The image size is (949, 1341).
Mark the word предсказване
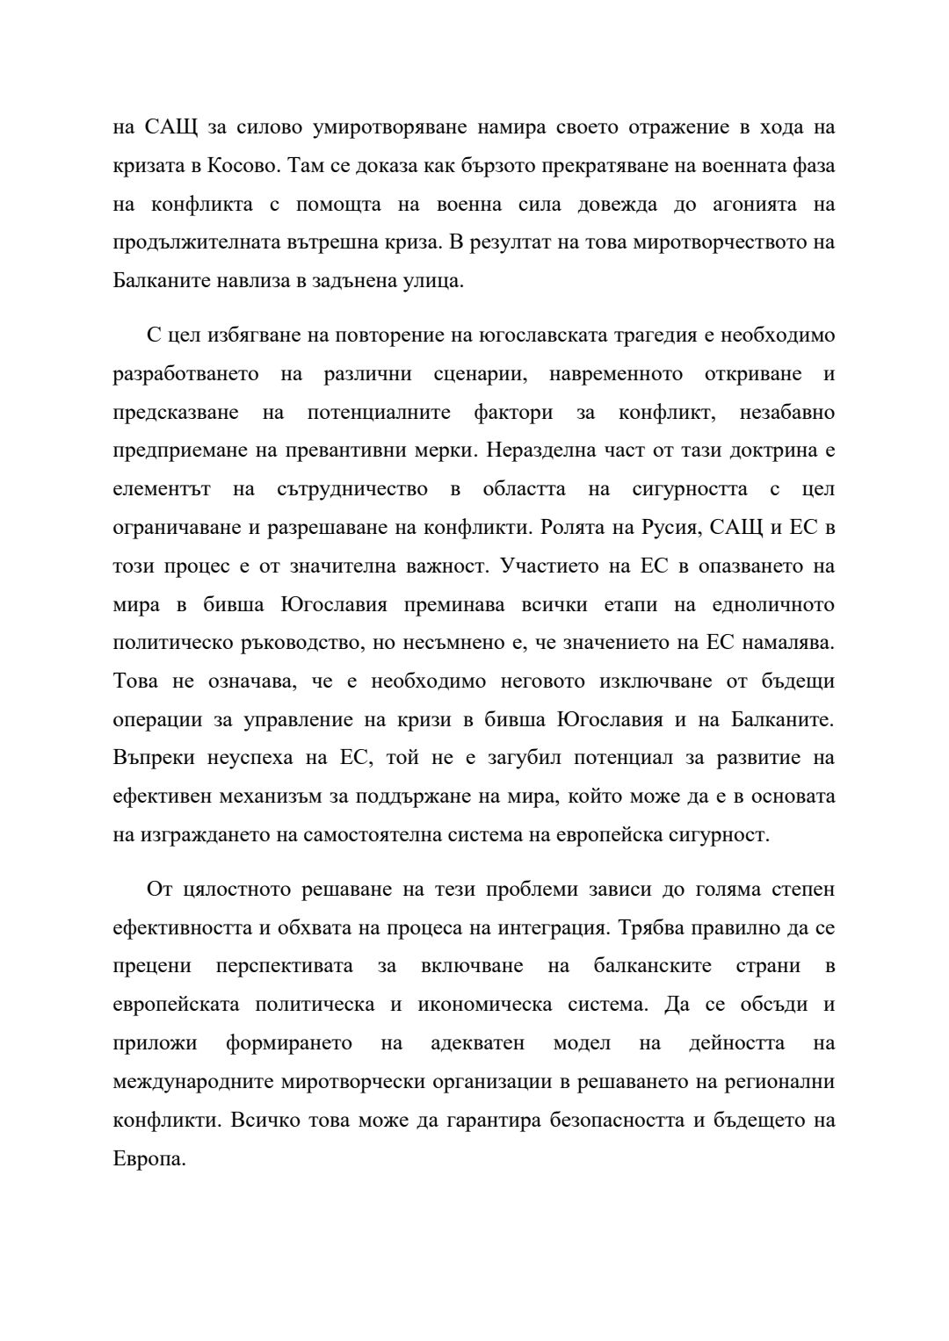point(175,413)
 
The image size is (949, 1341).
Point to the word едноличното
point(761,605)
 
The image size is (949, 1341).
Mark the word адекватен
point(477,1043)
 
